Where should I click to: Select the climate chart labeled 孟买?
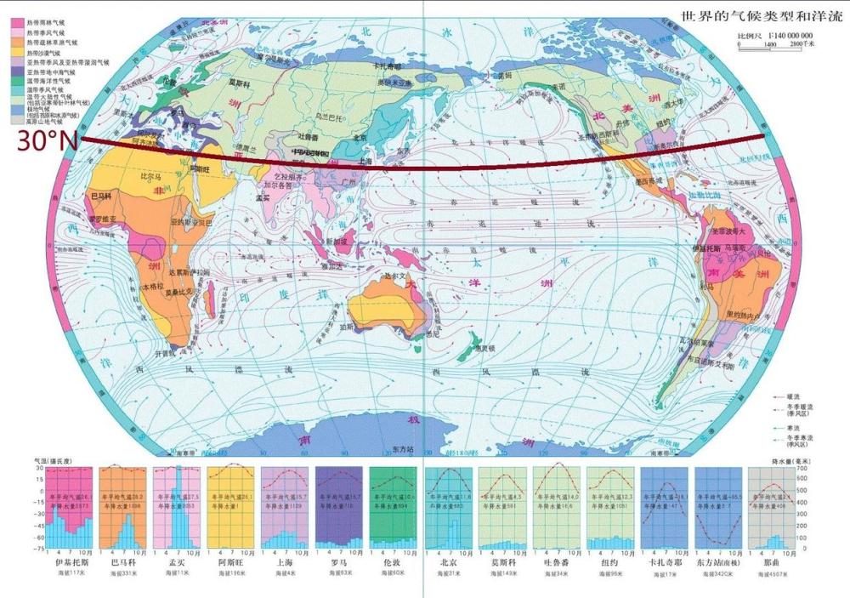(178, 508)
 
